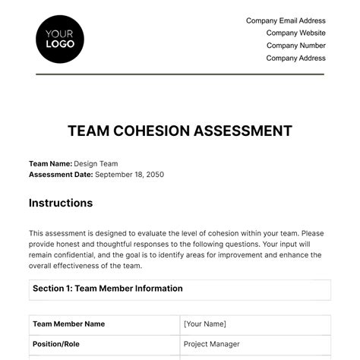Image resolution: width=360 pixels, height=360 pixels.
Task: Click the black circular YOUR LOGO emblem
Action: pyautogui.click(x=60, y=39)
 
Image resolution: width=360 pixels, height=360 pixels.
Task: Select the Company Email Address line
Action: pyautogui.click(x=286, y=21)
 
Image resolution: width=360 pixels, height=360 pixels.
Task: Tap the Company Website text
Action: pyautogui.click(x=295, y=33)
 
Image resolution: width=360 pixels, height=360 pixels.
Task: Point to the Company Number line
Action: pyautogui.click(x=295, y=45)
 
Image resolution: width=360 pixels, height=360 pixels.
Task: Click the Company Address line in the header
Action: pyautogui.click(x=295, y=58)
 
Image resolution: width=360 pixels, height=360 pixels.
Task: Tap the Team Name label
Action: pyautogui.click(x=49, y=163)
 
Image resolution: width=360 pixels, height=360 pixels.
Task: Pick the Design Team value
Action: pyautogui.click(x=96, y=163)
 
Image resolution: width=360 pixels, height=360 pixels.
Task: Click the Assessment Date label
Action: pyautogui.click(x=61, y=174)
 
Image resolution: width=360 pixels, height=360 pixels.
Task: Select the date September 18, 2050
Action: pyautogui.click(x=129, y=174)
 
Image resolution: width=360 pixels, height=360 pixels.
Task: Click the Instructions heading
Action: pyautogui.click(x=61, y=203)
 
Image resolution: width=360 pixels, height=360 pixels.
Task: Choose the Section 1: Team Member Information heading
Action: pyautogui.click(x=107, y=289)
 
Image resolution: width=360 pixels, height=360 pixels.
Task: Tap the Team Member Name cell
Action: pyautogui.click(x=68, y=324)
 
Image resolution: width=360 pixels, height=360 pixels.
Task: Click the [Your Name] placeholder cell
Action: pyautogui.click(x=206, y=324)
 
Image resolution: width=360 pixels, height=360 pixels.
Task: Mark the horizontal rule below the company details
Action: pyautogui.click(x=179, y=74)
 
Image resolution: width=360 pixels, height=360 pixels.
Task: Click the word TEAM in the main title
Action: pyautogui.click(x=87, y=131)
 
